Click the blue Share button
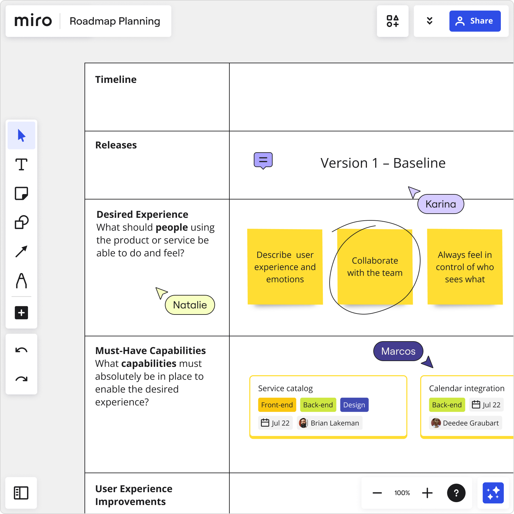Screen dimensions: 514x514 [x=475, y=21]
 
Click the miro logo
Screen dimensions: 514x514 [x=33, y=21]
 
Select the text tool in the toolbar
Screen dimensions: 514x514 [x=22, y=164]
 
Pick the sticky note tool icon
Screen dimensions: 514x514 [x=22, y=193]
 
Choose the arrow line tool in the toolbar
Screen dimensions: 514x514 [x=22, y=252]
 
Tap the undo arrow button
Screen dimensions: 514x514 [x=22, y=350]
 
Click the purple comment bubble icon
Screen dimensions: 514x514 [x=263, y=160]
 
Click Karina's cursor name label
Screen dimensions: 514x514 [x=440, y=204]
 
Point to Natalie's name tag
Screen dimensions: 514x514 [x=190, y=305]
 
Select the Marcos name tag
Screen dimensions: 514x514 [x=398, y=351]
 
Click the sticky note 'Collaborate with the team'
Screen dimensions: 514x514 [x=375, y=267]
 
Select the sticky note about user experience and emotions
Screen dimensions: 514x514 [x=285, y=267]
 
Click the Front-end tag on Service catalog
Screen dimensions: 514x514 [x=277, y=405]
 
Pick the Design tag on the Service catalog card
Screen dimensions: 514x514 [x=354, y=405]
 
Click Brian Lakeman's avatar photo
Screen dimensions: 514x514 [x=303, y=423]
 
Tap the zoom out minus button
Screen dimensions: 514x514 [x=377, y=493]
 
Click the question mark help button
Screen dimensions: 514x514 [x=456, y=493]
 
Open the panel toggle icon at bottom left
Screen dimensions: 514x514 [x=21, y=493]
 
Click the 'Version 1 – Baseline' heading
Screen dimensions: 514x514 [x=383, y=163]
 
